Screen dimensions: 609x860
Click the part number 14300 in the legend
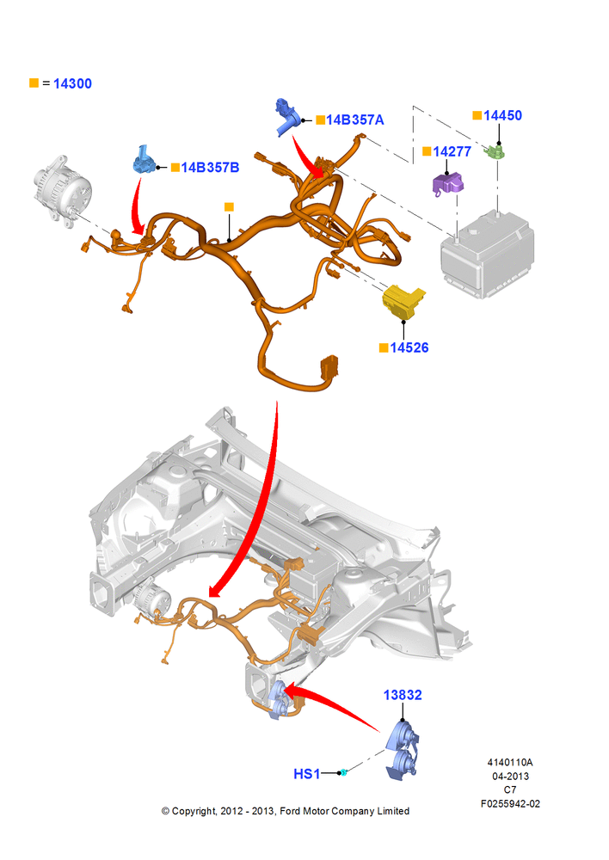[x=72, y=84]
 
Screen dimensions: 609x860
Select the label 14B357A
[x=355, y=120]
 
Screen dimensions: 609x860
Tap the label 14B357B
[x=210, y=168]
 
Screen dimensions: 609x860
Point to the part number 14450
[x=502, y=115]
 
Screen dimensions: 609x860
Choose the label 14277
[x=452, y=151]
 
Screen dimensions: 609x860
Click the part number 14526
[x=409, y=347]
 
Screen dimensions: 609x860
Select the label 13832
[x=403, y=695]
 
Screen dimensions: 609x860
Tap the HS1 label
[x=307, y=774]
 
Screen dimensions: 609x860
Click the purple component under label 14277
[x=447, y=184]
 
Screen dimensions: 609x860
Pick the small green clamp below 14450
[x=496, y=150]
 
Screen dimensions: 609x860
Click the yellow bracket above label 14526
[x=403, y=301]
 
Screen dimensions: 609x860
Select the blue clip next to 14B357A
[x=287, y=116]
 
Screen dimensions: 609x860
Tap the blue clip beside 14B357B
[x=144, y=160]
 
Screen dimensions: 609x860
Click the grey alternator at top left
[x=63, y=190]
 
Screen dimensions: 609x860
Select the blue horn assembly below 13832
[x=403, y=750]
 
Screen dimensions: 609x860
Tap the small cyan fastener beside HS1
[x=344, y=773]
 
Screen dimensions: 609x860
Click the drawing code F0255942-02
[x=510, y=804]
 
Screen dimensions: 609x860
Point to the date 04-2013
[x=510, y=776]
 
